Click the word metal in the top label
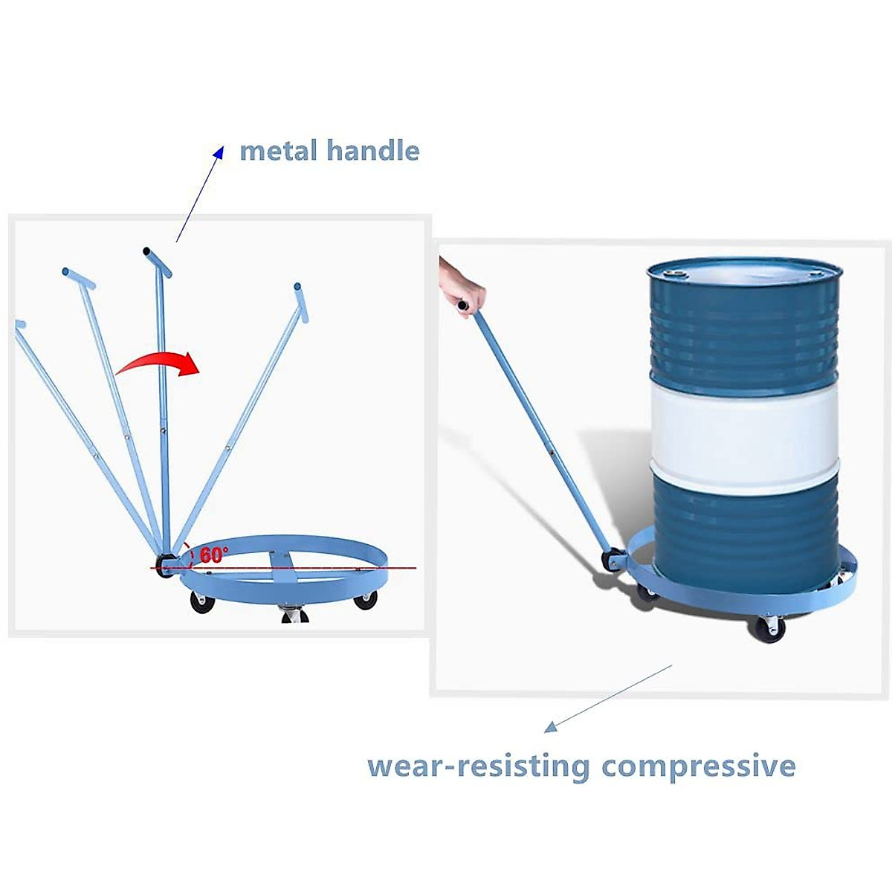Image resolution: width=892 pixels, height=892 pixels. click(x=279, y=151)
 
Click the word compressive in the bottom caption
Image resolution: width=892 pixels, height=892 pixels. click(x=698, y=766)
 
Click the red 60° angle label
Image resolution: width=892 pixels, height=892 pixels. click(x=214, y=555)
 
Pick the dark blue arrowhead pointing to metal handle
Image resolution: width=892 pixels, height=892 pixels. click(x=218, y=152)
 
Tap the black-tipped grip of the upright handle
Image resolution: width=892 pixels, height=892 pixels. click(x=147, y=252)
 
